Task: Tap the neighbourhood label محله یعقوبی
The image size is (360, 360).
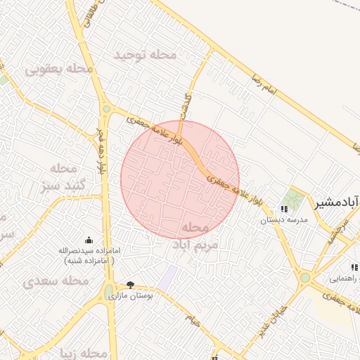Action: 59,69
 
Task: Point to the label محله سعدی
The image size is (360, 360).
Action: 56,281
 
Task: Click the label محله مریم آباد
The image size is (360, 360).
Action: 195,237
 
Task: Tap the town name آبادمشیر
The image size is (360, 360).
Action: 337,203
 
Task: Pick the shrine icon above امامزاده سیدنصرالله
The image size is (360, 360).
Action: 88,240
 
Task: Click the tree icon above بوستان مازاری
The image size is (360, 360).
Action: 130,284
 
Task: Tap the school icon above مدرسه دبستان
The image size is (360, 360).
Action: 284,209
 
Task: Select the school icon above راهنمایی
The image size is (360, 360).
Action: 354,267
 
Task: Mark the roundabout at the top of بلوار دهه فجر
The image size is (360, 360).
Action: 106,108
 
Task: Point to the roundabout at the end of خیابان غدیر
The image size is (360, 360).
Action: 304,278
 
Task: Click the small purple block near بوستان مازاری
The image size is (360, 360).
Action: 167,276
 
